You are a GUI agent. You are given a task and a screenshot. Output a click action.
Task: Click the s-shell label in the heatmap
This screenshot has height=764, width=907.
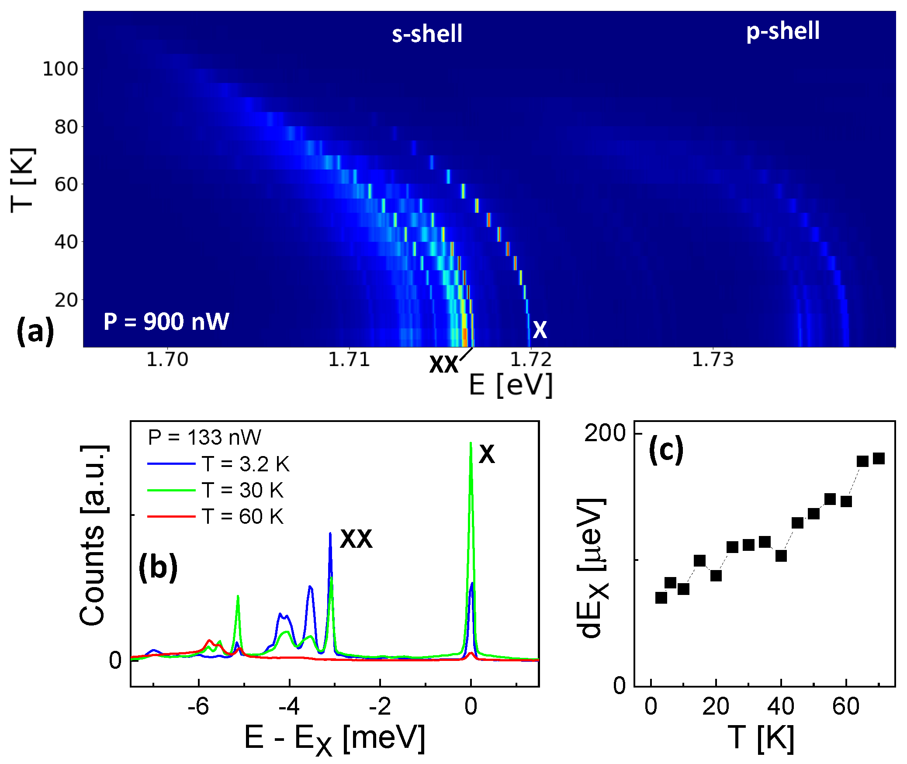(x=426, y=34)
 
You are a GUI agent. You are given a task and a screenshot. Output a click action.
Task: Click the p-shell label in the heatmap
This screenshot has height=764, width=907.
(x=782, y=31)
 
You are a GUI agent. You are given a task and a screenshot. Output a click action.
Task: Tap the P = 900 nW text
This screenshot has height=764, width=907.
(x=166, y=322)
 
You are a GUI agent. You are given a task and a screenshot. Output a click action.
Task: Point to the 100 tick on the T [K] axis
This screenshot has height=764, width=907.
(x=60, y=69)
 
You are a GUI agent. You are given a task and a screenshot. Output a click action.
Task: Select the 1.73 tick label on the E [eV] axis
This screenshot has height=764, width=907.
(x=713, y=360)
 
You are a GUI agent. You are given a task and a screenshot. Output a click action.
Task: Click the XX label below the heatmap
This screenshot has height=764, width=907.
(x=443, y=365)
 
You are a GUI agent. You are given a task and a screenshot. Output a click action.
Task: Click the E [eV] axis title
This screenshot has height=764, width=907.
(x=511, y=385)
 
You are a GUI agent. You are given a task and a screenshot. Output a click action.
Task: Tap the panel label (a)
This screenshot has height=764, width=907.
(x=35, y=331)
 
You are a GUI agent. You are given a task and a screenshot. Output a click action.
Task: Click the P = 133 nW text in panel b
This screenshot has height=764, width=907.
(x=204, y=437)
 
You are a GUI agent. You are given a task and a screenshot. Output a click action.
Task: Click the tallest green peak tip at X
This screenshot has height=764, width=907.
(x=471, y=443)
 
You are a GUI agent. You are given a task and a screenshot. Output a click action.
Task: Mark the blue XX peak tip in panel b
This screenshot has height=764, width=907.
(x=330, y=533)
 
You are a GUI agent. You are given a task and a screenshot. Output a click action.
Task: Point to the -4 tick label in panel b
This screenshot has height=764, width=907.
(x=289, y=706)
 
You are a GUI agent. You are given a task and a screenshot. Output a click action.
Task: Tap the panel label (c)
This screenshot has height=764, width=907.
(x=666, y=450)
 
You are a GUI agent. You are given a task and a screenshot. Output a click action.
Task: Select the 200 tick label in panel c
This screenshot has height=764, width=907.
(x=605, y=433)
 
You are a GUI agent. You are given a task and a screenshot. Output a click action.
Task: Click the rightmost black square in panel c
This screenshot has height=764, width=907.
(x=879, y=458)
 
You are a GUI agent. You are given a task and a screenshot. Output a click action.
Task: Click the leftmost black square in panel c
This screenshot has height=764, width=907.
(x=661, y=598)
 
